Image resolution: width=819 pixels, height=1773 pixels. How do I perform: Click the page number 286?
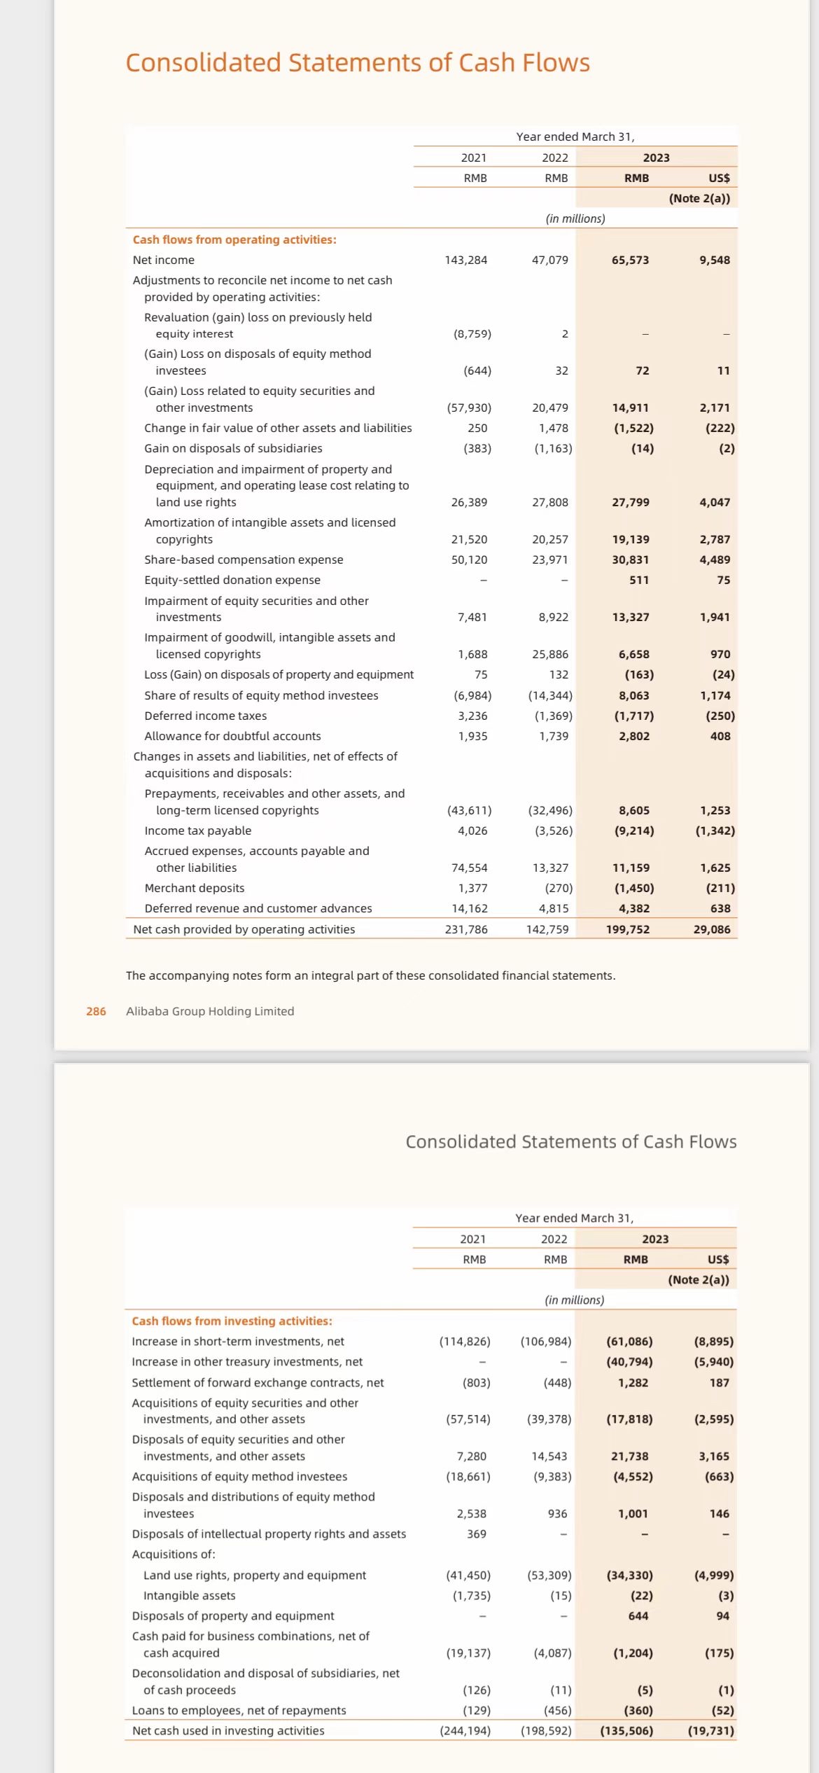[x=96, y=1011]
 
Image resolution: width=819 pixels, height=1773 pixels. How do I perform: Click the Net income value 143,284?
[x=465, y=260]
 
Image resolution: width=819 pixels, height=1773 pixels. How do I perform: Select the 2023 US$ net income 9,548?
[x=714, y=260]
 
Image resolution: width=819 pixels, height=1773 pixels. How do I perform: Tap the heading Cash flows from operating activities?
[x=234, y=239]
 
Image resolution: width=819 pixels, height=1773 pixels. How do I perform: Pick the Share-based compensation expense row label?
[x=244, y=559]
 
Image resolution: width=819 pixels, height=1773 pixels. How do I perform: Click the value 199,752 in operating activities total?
[x=627, y=929]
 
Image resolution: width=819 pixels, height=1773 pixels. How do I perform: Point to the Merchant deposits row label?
[x=194, y=888]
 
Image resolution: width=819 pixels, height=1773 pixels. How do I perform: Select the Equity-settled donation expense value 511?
[x=638, y=580]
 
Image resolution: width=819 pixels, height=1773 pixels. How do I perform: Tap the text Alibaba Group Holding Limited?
[x=210, y=1011]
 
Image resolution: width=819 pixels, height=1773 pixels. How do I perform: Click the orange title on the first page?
[x=358, y=63]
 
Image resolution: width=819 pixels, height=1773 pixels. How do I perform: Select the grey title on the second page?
[x=570, y=1142]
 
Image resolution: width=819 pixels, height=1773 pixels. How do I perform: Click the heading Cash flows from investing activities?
[x=232, y=1321]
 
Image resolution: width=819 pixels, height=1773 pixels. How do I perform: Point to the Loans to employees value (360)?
[x=638, y=1710]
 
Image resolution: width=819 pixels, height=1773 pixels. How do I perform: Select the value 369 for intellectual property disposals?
[x=476, y=1534]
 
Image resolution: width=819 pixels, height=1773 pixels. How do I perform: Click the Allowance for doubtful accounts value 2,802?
[x=633, y=736]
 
